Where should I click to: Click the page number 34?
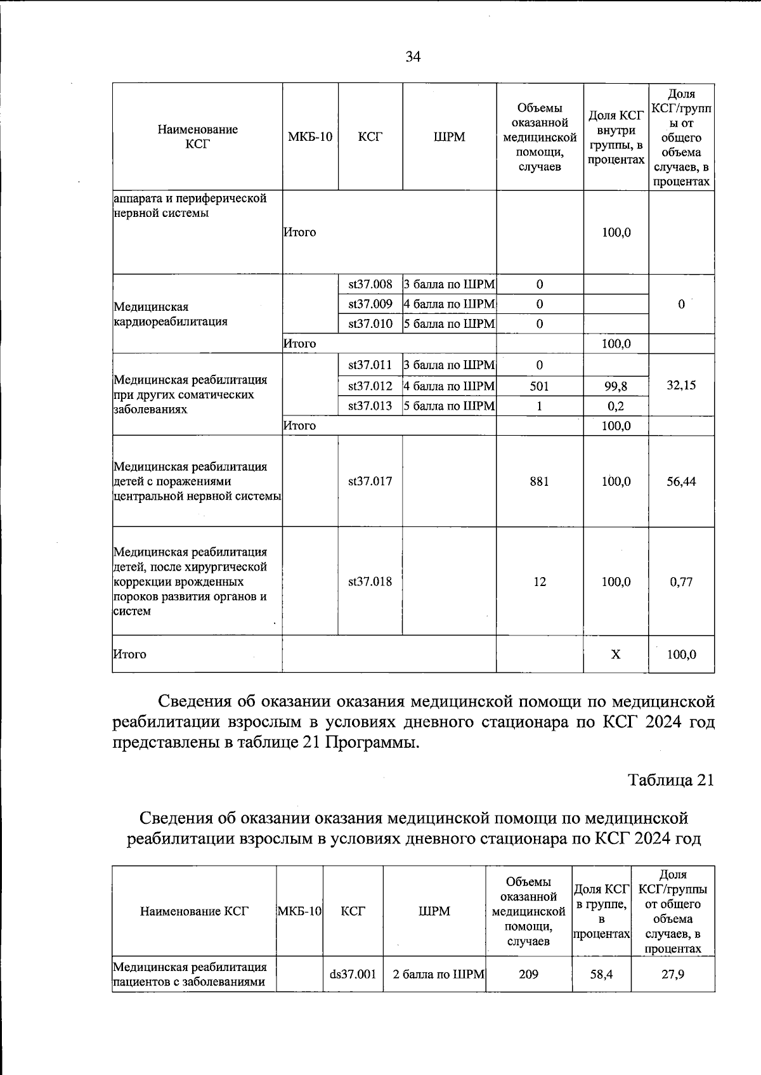413,57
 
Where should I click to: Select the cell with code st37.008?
370,284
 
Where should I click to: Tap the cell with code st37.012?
370,386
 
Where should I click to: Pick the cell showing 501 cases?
539,386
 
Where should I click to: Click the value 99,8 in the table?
616,386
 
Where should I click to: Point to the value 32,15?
681,385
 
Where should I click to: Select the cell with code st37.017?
370,481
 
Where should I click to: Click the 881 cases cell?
539,481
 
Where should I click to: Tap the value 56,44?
681,481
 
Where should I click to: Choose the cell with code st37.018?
370,582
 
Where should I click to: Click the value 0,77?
681,582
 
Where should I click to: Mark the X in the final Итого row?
616,654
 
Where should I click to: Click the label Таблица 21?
671,780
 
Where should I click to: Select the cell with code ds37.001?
353,974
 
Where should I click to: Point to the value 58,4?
601,974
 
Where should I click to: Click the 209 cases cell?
528,974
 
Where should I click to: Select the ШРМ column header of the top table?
449,137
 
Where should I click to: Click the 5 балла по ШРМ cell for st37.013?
449,406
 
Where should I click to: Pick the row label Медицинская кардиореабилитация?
170,314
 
